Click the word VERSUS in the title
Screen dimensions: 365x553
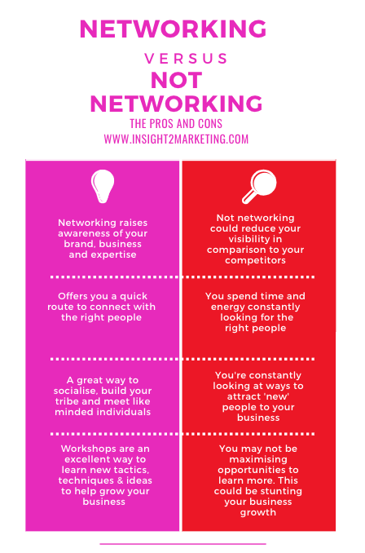click(186, 59)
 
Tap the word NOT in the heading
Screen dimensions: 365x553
click(176, 80)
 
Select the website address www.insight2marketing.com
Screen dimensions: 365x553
click(176, 139)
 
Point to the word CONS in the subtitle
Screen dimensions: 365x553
click(210, 124)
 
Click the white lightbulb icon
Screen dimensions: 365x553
click(103, 186)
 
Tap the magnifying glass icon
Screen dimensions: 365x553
click(259, 187)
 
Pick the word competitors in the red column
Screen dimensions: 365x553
click(256, 261)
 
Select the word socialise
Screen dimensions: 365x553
click(75, 391)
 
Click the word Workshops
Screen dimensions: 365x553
click(84, 449)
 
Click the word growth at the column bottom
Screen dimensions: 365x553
click(258, 513)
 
